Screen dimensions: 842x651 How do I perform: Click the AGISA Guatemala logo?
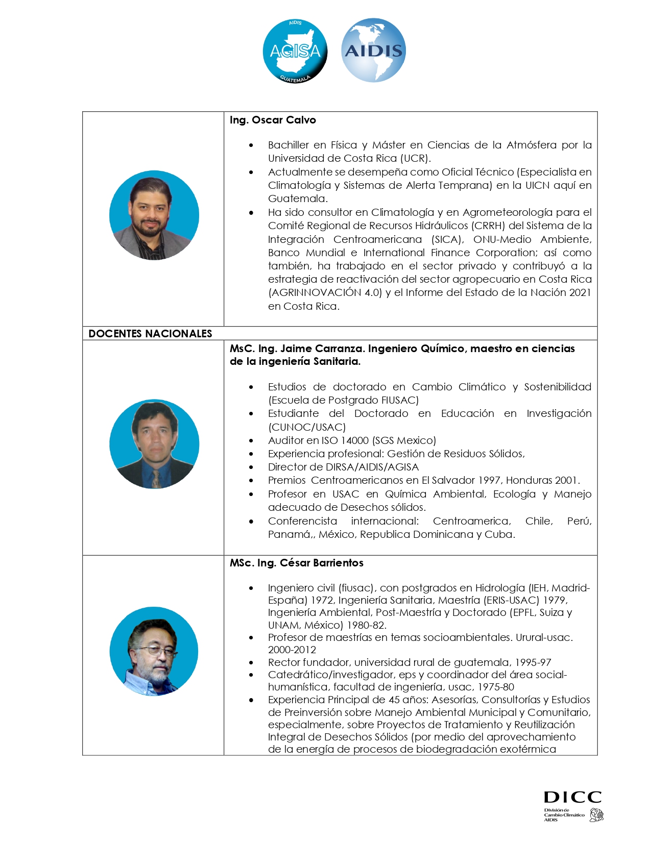pos(295,51)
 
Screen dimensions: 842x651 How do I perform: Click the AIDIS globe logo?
pos(373,51)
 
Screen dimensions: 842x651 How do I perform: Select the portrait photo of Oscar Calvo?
pos(154,215)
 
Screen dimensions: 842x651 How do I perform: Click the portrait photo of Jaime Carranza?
pos(154,444)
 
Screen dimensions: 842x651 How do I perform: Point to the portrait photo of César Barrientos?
pos(154,651)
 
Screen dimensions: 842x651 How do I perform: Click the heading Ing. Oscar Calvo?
pos(273,120)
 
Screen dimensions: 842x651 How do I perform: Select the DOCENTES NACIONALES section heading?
pos(150,334)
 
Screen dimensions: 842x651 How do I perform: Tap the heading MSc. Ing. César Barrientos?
pos(296,563)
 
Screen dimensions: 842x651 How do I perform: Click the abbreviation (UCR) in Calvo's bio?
pos(415,158)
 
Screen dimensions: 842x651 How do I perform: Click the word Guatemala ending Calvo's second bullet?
pos(297,199)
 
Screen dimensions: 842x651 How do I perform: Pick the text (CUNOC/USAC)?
pos(307,427)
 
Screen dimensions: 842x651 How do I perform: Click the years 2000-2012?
pos(292,650)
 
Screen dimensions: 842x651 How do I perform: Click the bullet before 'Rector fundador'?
pos(251,662)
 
